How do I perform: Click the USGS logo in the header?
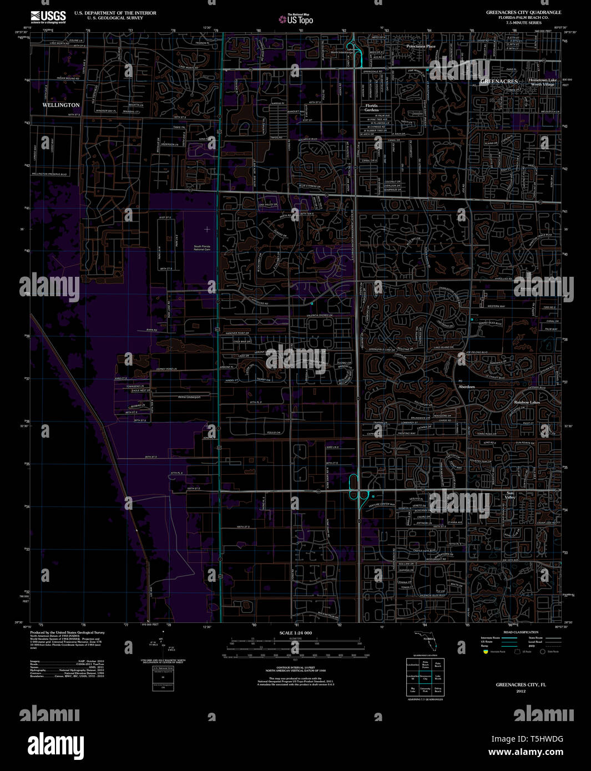[48, 17]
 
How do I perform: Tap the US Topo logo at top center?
[296, 19]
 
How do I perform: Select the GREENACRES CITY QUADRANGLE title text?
[523, 12]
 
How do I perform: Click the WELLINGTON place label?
[61, 105]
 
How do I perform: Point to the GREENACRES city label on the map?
[498, 82]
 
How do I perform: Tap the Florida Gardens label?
[371, 108]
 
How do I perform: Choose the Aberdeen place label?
[467, 387]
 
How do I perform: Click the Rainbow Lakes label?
[527, 402]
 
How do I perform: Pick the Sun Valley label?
[511, 495]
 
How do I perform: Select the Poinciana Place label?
[421, 47]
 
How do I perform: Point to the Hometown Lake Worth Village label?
[542, 82]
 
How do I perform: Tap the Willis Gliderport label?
[189, 397]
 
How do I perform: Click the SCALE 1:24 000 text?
[295, 633]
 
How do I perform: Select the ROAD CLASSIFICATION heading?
[520, 632]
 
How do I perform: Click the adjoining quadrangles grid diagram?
[425, 677]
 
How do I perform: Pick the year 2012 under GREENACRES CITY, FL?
[521, 691]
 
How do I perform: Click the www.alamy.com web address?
[525, 753]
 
